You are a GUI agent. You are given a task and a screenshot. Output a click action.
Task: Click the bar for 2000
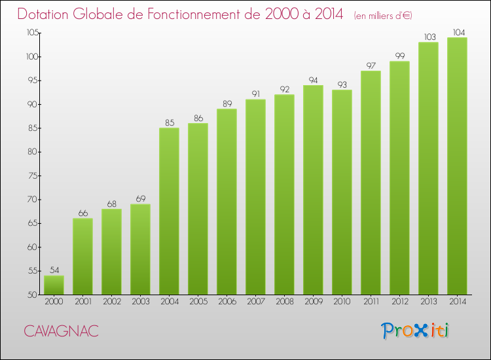pyautogui.click(x=54, y=285)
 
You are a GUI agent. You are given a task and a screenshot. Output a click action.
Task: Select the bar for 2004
pyautogui.click(x=169, y=211)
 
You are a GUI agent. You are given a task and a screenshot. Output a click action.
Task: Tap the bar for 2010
pyautogui.click(x=342, y=192)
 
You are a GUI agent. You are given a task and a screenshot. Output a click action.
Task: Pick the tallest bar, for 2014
pyautogui.click(x=457, y=166)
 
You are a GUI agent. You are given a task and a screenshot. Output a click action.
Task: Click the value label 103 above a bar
pyautogui.click(x=429, y=37)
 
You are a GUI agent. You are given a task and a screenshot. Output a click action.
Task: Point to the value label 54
pyautogui.click(x=54, y=270)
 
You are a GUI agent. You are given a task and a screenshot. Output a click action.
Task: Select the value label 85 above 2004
pyautogui.click(x=170, y=122)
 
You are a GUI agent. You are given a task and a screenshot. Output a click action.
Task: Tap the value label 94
pyautogui.click(x=313, y=80)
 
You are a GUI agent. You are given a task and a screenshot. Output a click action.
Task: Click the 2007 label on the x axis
pyautogui.click(x=256, y=302)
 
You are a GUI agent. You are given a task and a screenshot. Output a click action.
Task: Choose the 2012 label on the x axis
pyautogui.click(x=400, y=302)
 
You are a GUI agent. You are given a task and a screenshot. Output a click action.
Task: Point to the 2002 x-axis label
pyautogui.click(x=112, y=302)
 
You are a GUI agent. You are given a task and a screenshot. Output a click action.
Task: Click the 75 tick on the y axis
pyautogui.click(x=33, y=175)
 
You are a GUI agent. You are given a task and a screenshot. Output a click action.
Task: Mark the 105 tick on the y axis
pyautogui.click(x=32, y=33)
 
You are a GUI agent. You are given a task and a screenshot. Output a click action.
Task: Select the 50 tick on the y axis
pyautogui.click(x=33, y=295)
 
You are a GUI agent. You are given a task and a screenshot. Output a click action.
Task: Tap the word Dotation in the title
pyautogui.click(x=43, y=14)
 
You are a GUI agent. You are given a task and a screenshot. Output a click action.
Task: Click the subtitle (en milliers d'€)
pyautogui.click(x=383, y=16)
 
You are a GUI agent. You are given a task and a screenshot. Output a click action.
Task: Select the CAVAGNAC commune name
pyautogui.click(x=61, y=331)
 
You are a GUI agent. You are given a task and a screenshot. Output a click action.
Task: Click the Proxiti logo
pyautogui.click(x=415, y=331)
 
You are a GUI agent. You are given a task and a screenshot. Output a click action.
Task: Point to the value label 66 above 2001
pyautogui.click(x=83, y=213)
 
